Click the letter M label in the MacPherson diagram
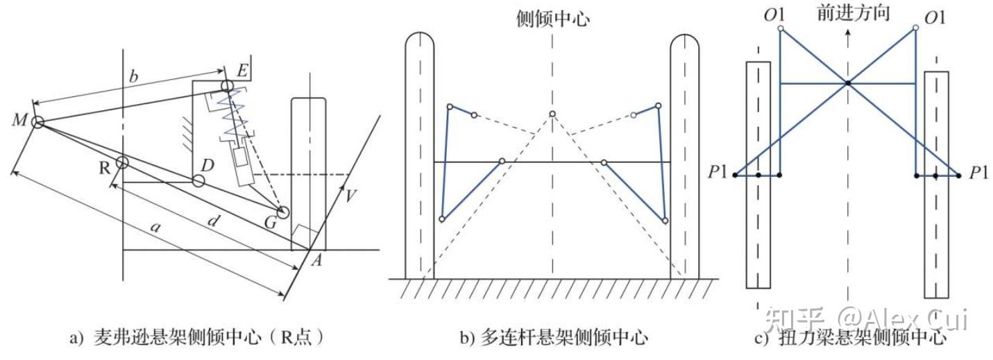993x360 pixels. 19,120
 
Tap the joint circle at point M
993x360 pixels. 37,122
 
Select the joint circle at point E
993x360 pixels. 227,85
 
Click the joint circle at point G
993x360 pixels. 282,212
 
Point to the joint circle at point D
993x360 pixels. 198,181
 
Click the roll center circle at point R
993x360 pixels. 122,162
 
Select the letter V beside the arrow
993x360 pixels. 353,196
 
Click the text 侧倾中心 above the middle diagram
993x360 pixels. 553,18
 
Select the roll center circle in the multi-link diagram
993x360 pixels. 552,114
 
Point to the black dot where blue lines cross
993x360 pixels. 847,83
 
